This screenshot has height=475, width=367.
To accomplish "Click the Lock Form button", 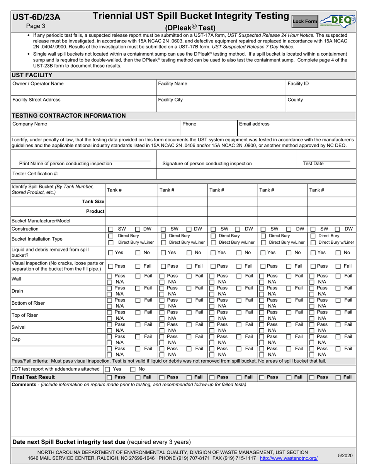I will coord(304,22).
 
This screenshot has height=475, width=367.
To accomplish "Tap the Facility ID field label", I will coord(298,83).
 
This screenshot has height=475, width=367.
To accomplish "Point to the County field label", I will coord(295,100).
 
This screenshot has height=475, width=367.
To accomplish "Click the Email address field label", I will coord(254,124).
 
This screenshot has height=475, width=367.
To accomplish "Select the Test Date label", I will coord(313,164).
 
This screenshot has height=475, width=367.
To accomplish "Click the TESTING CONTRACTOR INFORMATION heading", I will coord(69,115).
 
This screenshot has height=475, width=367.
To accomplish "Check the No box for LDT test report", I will coord(133,369).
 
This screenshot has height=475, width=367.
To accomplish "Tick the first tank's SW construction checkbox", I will coord(110,229).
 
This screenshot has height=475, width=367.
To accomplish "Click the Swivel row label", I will coord(19,327).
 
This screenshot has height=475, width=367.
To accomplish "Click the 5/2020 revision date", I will coord(345,456).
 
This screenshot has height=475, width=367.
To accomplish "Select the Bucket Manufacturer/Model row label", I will coord(41,221).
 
